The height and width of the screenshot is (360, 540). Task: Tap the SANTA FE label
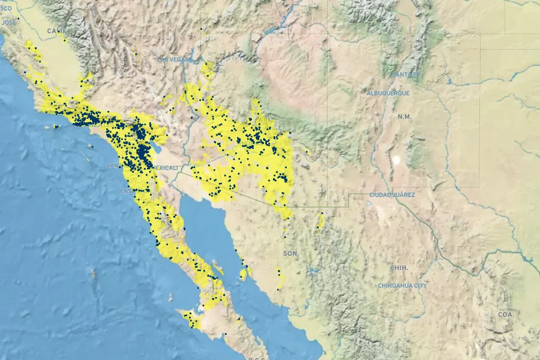406,74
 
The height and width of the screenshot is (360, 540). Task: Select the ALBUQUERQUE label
388,94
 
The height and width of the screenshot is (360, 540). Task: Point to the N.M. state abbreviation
404,116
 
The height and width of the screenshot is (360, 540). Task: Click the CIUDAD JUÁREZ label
392,195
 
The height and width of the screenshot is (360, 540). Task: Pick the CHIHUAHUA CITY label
403,286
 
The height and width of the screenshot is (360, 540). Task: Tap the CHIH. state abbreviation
398,268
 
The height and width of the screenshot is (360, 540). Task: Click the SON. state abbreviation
291,254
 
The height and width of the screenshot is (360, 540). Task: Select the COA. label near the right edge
506,314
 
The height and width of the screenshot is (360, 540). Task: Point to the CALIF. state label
57,31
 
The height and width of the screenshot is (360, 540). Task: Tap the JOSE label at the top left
9,22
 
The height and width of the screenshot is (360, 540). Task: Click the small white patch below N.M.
395,160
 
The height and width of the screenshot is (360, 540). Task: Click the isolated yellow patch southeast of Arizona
321,221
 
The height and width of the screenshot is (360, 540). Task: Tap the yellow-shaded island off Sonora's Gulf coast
243,274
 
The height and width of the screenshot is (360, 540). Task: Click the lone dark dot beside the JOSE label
19,18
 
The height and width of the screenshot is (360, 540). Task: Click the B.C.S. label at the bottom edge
257,358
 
